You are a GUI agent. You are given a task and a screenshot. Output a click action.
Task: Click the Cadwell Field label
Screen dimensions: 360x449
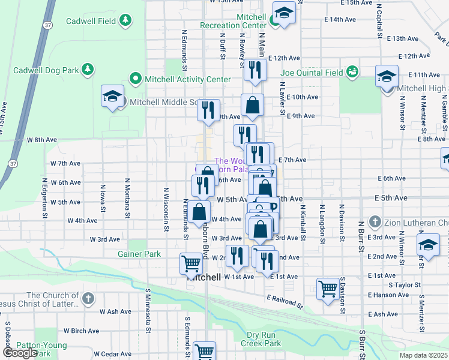[x=91, y=21]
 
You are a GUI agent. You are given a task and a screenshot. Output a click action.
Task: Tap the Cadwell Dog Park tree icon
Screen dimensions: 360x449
[x=88, y=70]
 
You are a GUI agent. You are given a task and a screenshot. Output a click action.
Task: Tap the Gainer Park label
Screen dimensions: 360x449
[x=139, y=254]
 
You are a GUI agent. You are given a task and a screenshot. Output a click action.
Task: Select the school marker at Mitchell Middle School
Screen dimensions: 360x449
[x=112, y=97]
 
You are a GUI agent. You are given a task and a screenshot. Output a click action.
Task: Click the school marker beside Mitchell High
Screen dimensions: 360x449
[x=387, y=77]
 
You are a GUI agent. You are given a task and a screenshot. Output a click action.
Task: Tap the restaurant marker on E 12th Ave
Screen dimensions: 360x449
[x=255, y=71]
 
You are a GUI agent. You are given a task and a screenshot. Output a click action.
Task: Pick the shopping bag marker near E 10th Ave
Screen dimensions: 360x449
[x=253, y=105]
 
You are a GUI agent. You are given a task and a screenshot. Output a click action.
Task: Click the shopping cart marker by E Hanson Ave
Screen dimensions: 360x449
[x=328, y=289]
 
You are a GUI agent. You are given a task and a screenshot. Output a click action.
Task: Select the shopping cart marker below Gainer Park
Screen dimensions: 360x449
[x=191, y=263]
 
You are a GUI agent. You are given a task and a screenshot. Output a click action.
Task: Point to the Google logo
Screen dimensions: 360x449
[x=20, y=352]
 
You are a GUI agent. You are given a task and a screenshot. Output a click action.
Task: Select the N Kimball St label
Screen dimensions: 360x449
[x=303, y=221]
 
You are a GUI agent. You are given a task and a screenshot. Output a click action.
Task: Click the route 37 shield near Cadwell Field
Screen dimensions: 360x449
[x=46, y=25]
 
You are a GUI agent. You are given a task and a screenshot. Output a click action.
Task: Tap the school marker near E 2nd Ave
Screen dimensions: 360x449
[x=428, y=247]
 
